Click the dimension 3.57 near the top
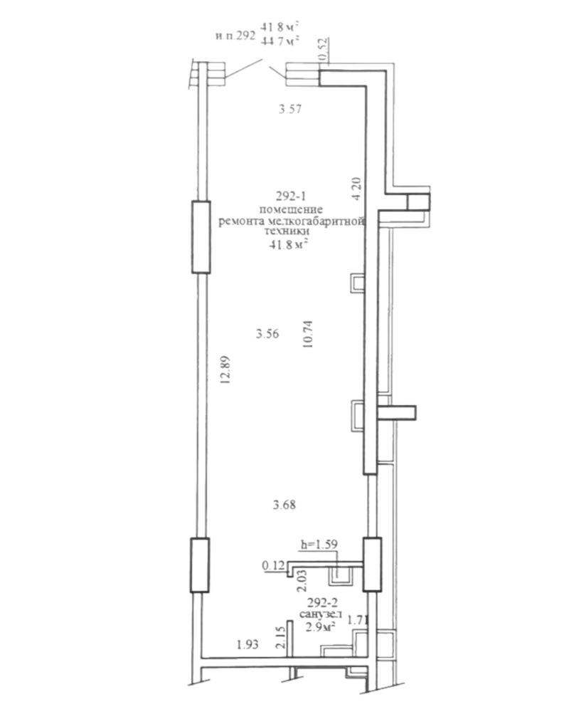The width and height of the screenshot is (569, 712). click(290, 109)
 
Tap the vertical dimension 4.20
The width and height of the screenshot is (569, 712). click(356, 189)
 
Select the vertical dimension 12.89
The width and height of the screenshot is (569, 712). click(225, 370)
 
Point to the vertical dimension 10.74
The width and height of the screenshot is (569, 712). click(308, 334)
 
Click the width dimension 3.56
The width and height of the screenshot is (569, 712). click(267, 334)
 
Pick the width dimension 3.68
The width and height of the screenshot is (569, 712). click(284, 505)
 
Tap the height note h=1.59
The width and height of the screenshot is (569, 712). click(319, 544)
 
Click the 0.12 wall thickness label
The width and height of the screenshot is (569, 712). click(273, 565)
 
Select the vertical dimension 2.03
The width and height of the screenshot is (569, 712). click(302, 581)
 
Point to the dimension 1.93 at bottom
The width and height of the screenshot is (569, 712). click(248, 644)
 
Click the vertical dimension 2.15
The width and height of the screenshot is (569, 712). click(280, 637)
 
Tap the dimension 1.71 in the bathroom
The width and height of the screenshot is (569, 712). click(358, 619)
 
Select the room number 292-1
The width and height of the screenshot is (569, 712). click(291, 197)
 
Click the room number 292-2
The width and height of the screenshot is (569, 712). click(323, 603)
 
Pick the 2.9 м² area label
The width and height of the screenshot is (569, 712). click(321, 627)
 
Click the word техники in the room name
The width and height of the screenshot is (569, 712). click(287, 231)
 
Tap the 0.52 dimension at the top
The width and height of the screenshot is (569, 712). click(323, 49)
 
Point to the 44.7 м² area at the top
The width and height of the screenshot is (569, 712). click(280, 41)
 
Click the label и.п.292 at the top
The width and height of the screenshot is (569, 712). click(235, 36)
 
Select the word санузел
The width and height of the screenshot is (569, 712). click(321, 615)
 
